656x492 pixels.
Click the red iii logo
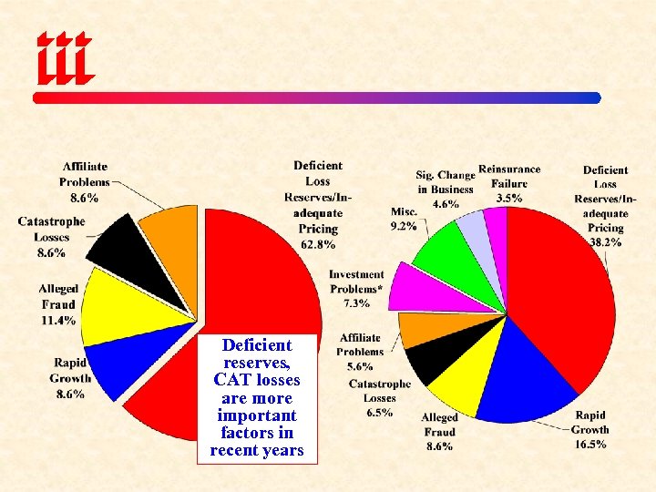tap(65, 56)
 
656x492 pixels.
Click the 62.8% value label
tap(317, 244)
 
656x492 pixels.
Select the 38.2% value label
tap(605, 242)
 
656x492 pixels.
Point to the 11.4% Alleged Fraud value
tap(58, 321)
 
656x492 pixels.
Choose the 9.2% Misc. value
tap(404, 226)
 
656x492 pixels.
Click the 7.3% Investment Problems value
tap(356, 303)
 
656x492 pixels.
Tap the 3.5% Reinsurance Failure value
tap(509, 198)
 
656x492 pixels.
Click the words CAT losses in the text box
tap(256, 380)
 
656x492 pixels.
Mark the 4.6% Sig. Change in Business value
tap(446, 204)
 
